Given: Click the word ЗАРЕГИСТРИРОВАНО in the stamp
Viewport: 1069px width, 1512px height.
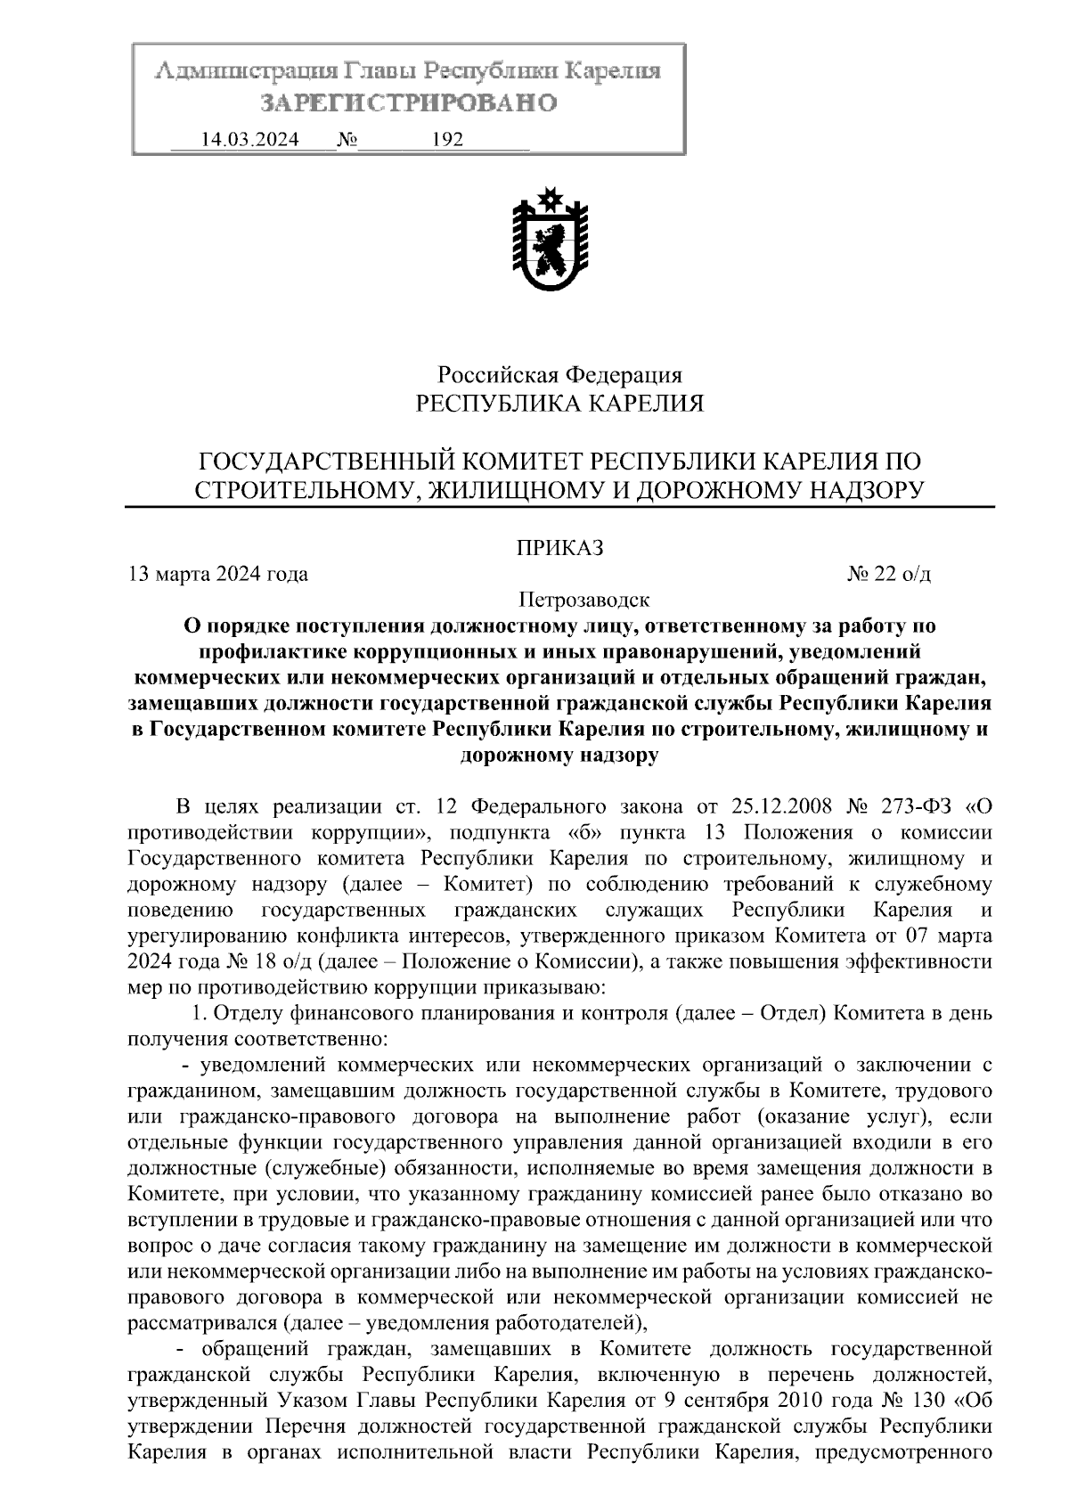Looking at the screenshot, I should (408, 103).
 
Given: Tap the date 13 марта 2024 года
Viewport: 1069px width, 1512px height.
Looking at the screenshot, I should (219, 574).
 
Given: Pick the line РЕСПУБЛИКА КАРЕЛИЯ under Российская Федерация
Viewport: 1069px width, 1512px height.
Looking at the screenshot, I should (560, 405).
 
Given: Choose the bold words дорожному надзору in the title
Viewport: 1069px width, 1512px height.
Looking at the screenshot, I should (559, 756).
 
